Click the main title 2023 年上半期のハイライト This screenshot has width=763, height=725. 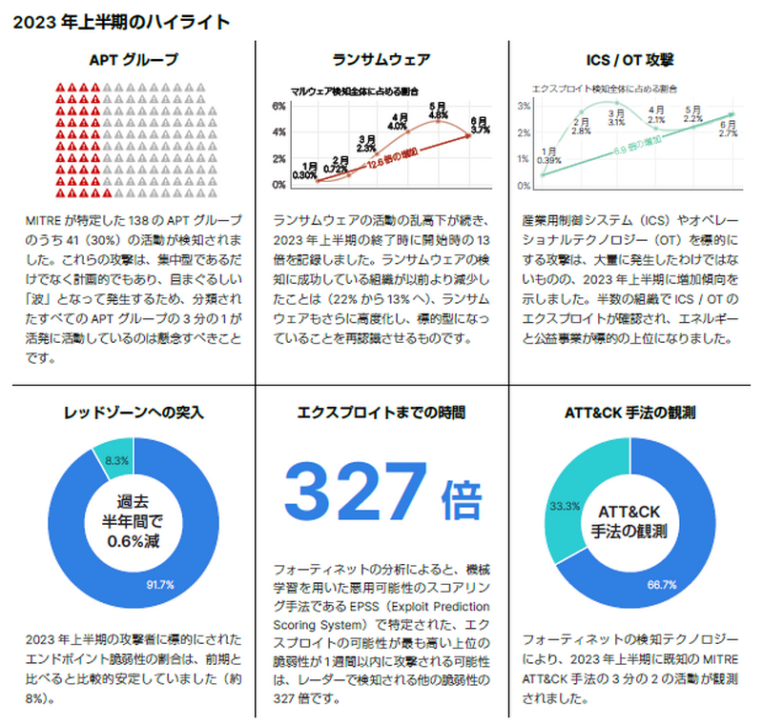click(x=120, y=20)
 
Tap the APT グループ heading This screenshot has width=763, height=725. click(x=134, y=60)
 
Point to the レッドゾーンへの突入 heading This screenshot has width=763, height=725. click(x=134, y=413)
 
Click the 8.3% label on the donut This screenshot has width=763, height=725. click(x=117, y=460)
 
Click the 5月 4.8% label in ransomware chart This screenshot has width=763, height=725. click(x=439, y=111)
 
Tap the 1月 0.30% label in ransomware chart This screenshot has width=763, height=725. click(x=305, y=171)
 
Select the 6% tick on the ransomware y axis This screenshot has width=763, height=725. click(x=279, y=106)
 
